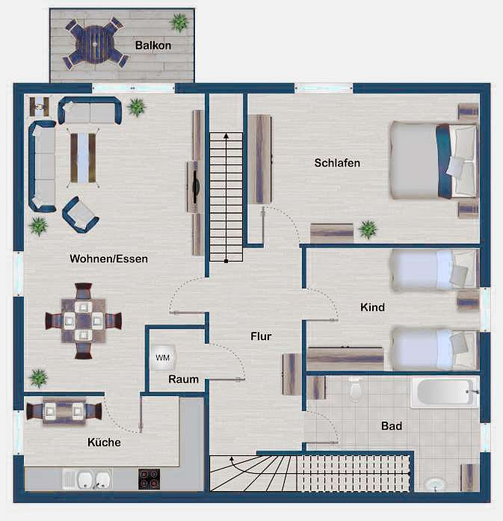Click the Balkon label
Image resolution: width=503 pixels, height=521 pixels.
pos(153,46)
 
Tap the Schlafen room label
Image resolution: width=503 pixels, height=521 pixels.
pos(337,163)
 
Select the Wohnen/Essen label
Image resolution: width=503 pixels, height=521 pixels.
pos(108,259)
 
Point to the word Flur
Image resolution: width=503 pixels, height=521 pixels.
pos(261,336)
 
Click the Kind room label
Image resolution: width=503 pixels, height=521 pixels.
pos(372,307)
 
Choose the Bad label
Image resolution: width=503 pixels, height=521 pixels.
pos(392,425)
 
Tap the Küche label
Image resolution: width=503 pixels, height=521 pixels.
pos(104,443)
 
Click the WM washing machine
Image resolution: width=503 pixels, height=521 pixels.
pos(162,357)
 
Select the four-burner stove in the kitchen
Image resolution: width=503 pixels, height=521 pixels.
pos(149,479)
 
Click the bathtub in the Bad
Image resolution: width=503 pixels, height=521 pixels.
pos(445,392)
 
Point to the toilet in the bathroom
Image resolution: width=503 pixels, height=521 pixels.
pos(356,389)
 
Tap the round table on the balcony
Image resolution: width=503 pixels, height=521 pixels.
pos(95,44)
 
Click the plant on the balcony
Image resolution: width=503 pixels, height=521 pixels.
pos(179,22)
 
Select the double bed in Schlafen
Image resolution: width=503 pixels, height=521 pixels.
pos(434,160)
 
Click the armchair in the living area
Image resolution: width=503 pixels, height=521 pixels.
pos(81,215)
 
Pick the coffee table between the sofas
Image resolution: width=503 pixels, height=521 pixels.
pos(83,158)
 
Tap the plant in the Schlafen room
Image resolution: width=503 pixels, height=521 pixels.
pos(368,229)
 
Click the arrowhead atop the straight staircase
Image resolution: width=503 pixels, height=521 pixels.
pos(226,135)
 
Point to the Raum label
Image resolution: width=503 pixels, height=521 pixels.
pos(183,379)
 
